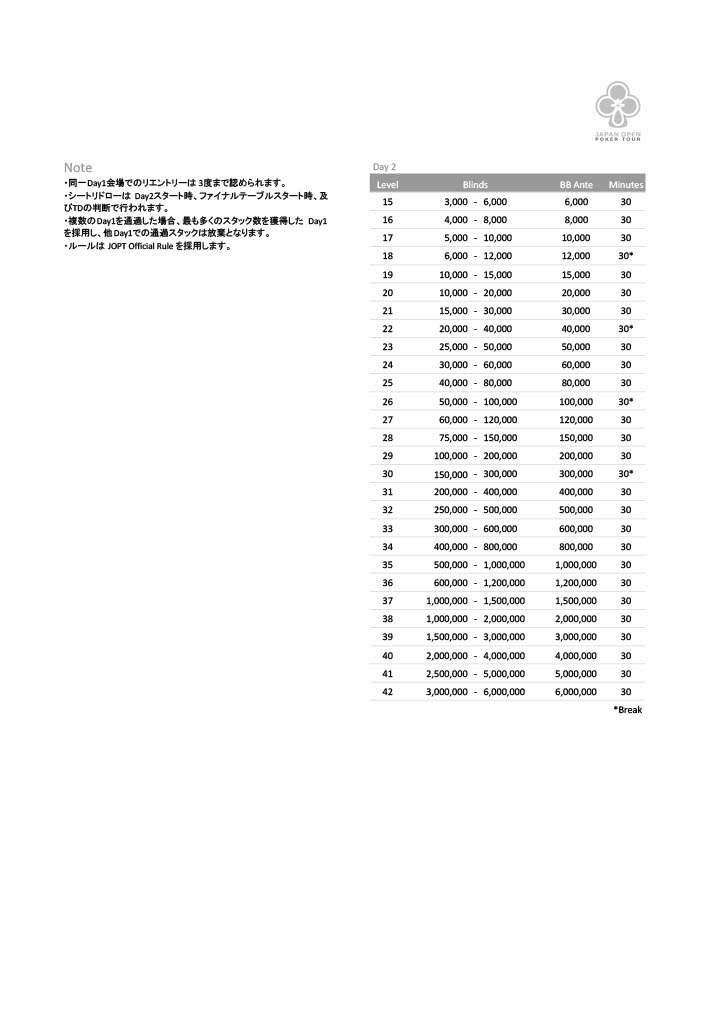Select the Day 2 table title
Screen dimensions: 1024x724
click(x=384, y=166)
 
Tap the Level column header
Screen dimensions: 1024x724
click(x=388, y=185)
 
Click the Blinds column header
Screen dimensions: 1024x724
click(x=475, y=185)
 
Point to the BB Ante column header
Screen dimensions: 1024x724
click(x=576, y=185)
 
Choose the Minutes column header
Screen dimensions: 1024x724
click(x=626, y=185)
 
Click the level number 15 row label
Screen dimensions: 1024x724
click(x=388, y=202)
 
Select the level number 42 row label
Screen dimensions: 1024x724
click(x=388, y=691)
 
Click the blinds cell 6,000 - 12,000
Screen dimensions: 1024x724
click(x=476, y=256)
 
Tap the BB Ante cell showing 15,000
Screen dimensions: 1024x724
click(x=576, y=274)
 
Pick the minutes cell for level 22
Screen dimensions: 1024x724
click(x=626, y=329)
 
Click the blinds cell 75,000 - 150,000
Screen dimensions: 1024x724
click(x=476, y=438)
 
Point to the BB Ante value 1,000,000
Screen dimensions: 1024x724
click(x=576, y=564)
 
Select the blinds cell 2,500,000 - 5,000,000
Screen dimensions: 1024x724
click(x=476, y=673)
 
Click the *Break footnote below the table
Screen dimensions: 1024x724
click(x=627, y=710)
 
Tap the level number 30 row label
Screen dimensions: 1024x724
click(x=388, y=474)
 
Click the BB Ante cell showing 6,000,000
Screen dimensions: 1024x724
click(x=576, y=691)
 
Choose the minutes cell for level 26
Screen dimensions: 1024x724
click(x=626, y=401)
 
